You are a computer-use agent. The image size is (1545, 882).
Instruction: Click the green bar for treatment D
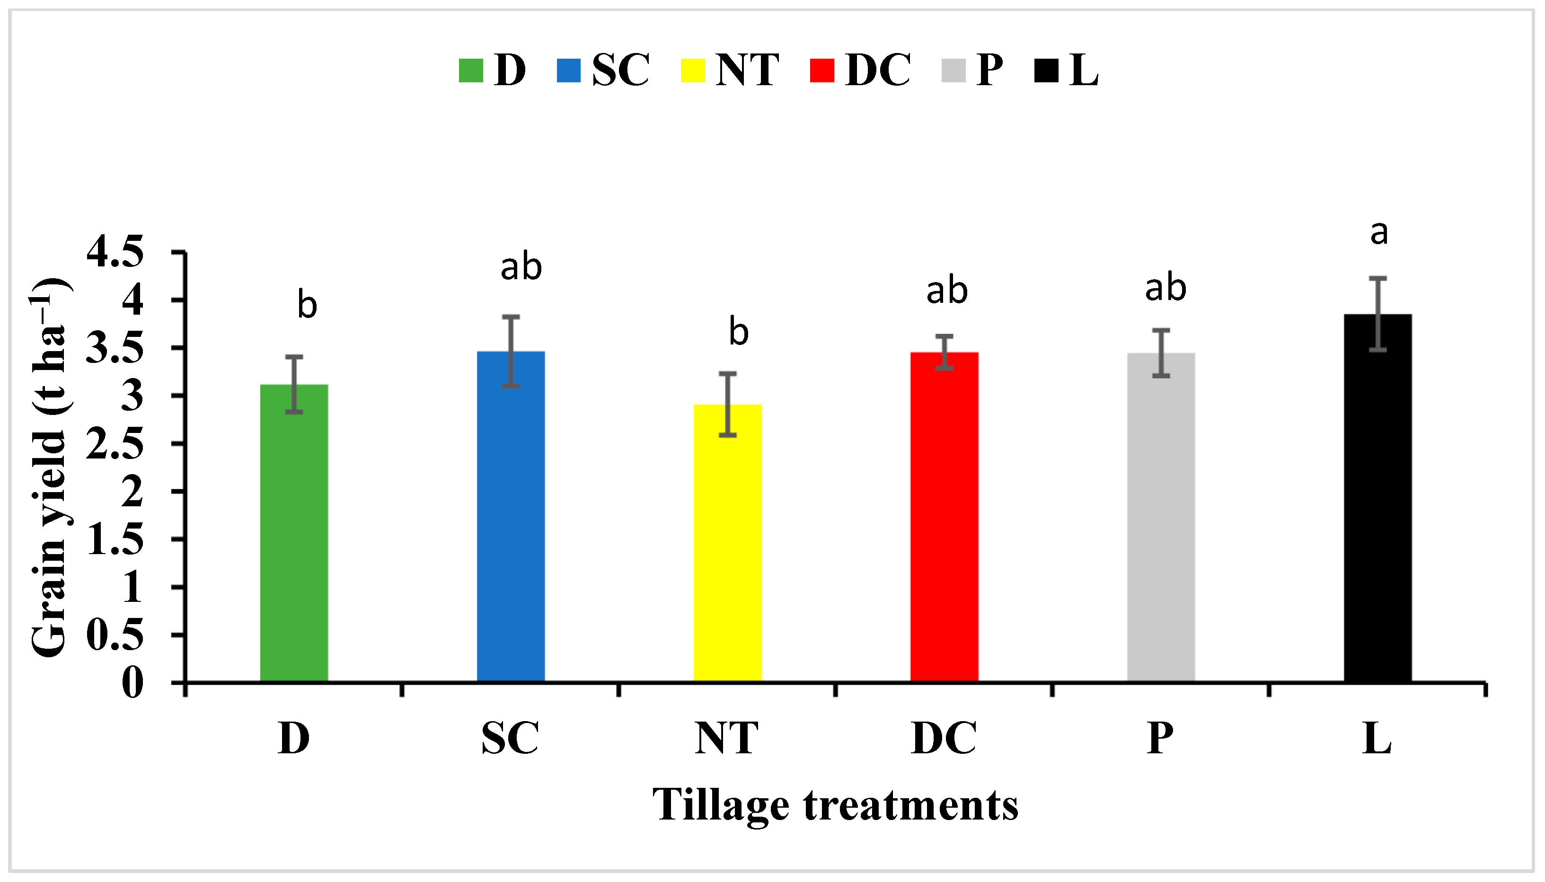294,533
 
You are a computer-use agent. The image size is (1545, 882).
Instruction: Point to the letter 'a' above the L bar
1379,233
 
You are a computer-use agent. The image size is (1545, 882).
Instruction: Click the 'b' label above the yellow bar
738,333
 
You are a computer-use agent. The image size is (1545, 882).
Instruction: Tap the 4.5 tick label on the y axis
115,253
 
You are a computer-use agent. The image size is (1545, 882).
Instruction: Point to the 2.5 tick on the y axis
115,444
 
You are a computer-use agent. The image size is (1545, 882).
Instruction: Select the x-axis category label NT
726,739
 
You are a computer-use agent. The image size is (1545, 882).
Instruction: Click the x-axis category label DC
944,739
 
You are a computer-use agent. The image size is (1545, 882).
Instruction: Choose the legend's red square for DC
822,71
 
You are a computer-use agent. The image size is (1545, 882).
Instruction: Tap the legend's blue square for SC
568,71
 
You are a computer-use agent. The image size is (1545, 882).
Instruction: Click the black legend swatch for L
1046,71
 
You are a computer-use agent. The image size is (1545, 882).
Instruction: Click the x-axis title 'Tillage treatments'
835,805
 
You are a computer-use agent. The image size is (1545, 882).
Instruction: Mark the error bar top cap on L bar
1378,278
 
